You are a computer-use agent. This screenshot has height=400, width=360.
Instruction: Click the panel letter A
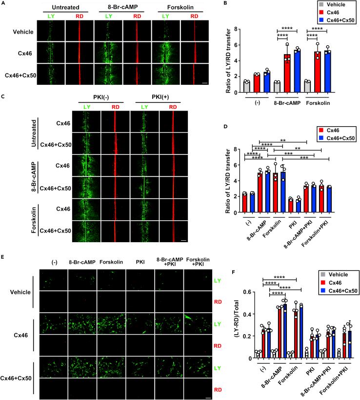click(x=3, y=3)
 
